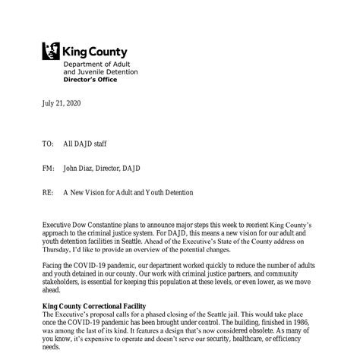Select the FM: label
[48, 168]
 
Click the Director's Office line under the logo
[90, 78]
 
